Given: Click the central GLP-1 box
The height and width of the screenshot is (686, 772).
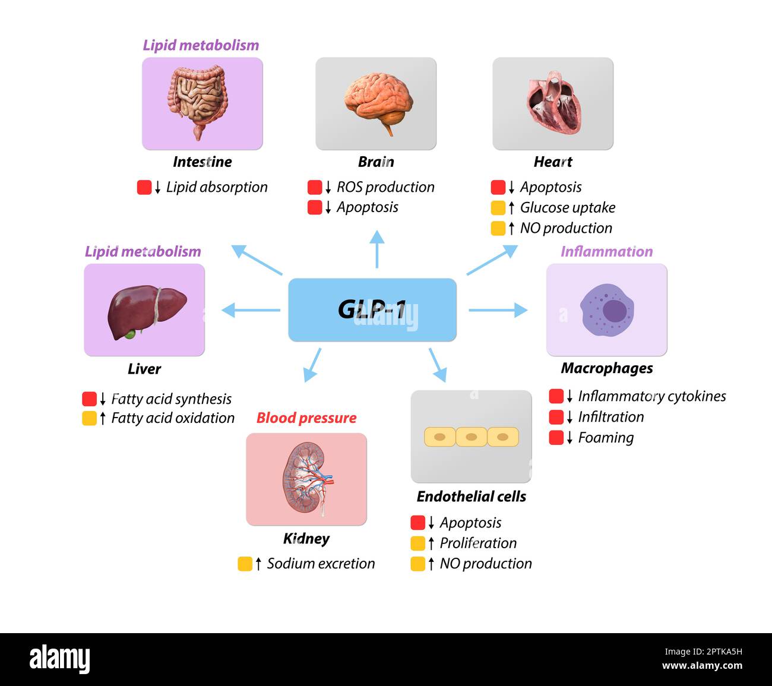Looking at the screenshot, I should point(372,309).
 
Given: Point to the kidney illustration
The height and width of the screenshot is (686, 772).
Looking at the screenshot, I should point(306,479).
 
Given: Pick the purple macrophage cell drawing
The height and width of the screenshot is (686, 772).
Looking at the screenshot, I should point(607,310).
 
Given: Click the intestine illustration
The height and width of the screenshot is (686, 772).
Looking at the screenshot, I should point(198,100).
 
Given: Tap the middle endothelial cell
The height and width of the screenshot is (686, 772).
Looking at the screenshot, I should point(472,437).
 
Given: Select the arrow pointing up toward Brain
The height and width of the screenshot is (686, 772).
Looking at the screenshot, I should point(377,249).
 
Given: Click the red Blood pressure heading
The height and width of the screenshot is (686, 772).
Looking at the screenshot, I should point(306,418).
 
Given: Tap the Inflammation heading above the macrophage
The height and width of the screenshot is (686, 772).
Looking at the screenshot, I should point(606,251).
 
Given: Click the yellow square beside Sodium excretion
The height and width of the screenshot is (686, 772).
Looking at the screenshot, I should point(245,564).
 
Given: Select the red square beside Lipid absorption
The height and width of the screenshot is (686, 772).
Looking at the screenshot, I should point(144,187).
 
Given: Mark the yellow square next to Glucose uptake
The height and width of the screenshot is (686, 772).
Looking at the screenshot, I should point(498,208).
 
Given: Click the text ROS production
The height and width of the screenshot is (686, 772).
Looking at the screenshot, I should point(385,187).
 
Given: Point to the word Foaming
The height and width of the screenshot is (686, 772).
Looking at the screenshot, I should point(606,438).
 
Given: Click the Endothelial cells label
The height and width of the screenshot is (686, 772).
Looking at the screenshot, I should point(472,497).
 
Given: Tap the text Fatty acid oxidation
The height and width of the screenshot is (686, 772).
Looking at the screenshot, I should point(173,418).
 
